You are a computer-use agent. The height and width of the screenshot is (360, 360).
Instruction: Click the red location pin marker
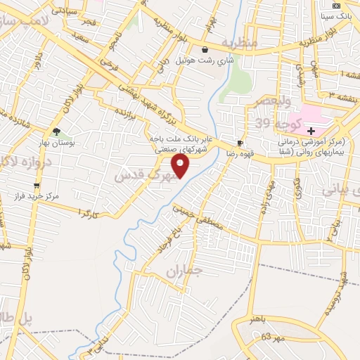point(181,166)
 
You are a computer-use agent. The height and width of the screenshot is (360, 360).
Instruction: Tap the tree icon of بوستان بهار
point(56,131)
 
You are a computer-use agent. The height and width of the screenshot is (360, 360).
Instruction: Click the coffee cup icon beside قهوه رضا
point(240,141)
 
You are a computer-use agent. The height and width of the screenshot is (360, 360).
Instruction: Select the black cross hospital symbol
point(311,131)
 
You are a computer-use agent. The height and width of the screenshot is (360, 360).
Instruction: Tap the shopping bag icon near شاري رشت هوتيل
point(204,50)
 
